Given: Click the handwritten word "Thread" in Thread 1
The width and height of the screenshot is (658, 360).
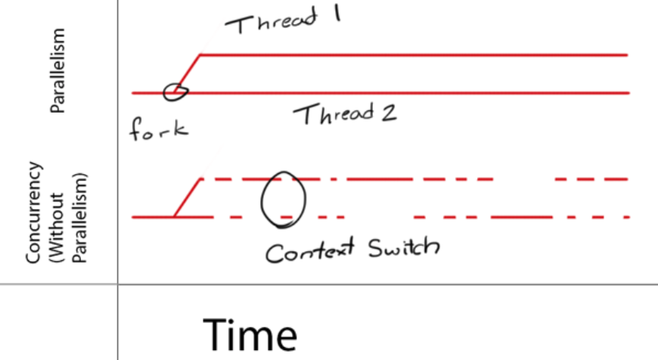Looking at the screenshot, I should pyautogui.click(x=267, y=23).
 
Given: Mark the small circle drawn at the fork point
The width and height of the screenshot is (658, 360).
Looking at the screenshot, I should pyautogui.click(x=176, y=91).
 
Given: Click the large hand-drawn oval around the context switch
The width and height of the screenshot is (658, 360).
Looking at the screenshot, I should pyautogui.click(x=283, y=200).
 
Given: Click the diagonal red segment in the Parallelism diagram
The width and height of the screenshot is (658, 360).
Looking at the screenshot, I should pyautogui.click(x=187, y=73).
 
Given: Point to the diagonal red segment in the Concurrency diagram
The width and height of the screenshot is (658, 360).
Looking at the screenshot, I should pyautogui.click(x=187, y=198).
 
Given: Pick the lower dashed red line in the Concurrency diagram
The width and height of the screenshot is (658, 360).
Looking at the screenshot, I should pyautogui.click(x=522, y=217).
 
